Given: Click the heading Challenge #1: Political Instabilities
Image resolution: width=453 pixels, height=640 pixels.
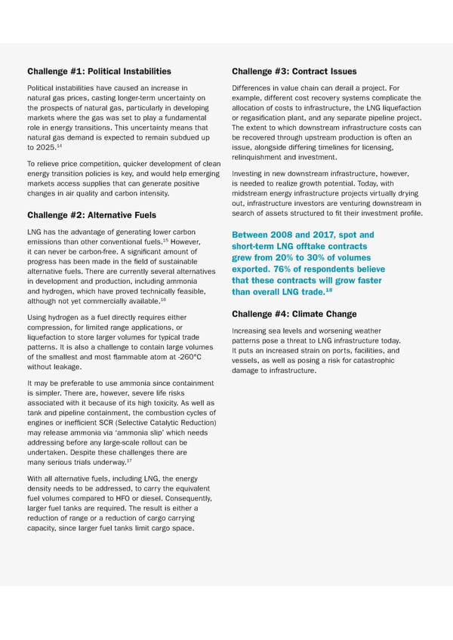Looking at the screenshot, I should tap(99, 72).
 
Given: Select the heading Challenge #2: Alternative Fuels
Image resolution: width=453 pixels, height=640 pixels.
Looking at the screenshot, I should tap(93, 215).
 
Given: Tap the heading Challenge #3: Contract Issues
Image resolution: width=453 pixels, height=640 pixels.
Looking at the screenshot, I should tap(294, 72).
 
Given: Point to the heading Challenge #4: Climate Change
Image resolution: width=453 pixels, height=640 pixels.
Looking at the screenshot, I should tap(294, 314).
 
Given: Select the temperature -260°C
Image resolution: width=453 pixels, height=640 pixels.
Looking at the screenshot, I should tap(186, 357).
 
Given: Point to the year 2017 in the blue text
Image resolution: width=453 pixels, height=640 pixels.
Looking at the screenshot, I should tap(336, 235).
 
